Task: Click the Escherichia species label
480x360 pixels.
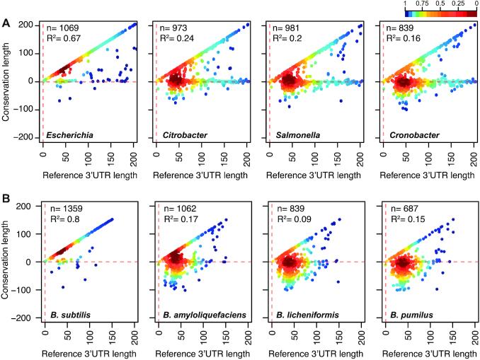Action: (70, 134)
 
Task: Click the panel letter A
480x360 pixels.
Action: (6, 23)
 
